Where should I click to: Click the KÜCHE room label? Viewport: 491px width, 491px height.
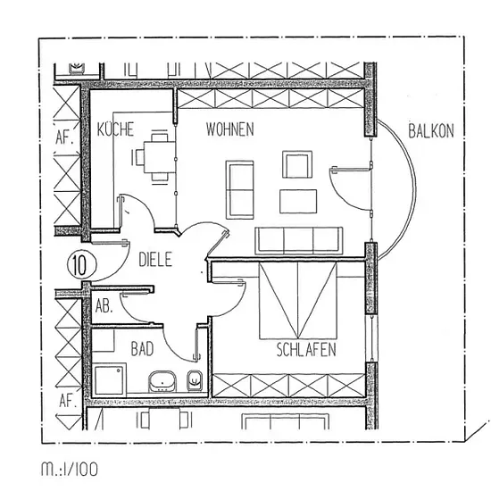tap(115, 129)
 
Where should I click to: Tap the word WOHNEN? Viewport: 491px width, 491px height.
tap(230, 129)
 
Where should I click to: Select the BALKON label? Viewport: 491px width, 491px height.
tap(431, 131)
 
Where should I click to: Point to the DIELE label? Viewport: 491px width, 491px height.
tap(155, 260)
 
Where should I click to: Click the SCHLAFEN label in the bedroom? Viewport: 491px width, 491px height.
tap(306, 350)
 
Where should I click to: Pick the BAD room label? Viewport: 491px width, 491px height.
tap(142, 349)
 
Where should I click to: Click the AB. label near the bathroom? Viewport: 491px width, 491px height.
tap(104, 306)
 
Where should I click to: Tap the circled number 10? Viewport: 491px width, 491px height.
tap(82, 264)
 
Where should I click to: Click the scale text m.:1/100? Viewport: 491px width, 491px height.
tap(70, 469)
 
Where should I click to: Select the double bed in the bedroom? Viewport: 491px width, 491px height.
tap(298, 301)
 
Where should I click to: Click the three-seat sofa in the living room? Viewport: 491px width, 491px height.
tap(299, 240)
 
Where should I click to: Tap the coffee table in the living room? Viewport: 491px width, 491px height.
tap(298, 202)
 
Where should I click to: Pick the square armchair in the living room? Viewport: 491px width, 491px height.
tap(297, 164)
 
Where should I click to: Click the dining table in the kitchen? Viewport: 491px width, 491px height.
tap(160, 157)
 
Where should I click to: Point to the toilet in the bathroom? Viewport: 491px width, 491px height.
tap(195, 380)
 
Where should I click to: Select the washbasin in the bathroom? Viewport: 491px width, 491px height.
tap(162, 381)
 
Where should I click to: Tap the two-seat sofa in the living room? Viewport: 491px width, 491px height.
tap(240, 190)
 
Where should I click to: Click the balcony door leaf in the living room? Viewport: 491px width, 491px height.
tap(351, 170)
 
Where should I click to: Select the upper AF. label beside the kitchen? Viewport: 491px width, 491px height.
tap(64, 137)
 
